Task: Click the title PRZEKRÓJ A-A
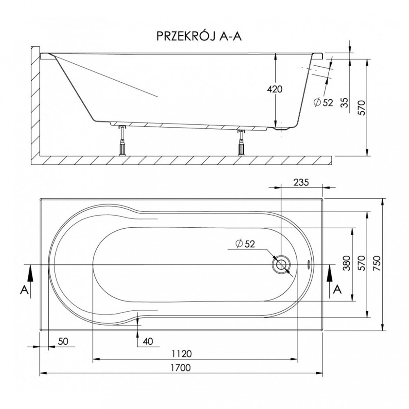coord(199,36)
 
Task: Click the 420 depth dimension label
coord(275,89)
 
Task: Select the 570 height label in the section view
coord(362,108)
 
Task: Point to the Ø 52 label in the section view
coord(324,103)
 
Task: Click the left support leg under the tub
coord(122,141)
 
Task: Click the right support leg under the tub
coord(240,142)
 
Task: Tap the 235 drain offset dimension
coord(301,182)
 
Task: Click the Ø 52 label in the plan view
coord(245,244)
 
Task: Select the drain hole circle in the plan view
coord(281,265)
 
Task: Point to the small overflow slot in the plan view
coord(309,265)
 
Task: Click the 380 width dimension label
coord(347,263)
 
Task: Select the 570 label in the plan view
coord(362,263)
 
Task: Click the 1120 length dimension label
coord(182,354)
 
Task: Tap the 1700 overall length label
coord(181,368)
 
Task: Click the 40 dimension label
coord(148,341)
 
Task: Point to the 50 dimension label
coord(63,341)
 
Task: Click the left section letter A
coord(24,290)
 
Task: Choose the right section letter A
coord(337,289)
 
